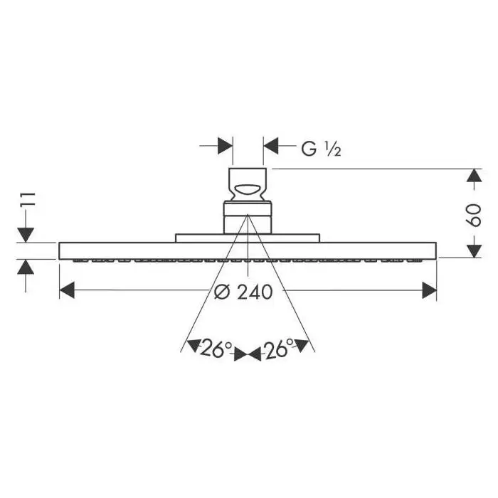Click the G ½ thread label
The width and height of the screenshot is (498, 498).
(321, 149)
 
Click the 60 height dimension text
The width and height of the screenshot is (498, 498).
(475, 216)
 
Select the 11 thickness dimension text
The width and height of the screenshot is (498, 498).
(28, 199)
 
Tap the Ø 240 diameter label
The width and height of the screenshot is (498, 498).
(243, 292)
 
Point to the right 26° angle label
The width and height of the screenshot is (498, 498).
(279, 349)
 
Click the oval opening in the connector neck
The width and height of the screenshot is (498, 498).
(248, 190)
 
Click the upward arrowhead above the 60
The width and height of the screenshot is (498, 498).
(475, 175)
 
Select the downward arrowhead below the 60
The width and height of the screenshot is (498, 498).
(475, 251)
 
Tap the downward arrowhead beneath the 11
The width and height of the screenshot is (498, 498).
(26, 235)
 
